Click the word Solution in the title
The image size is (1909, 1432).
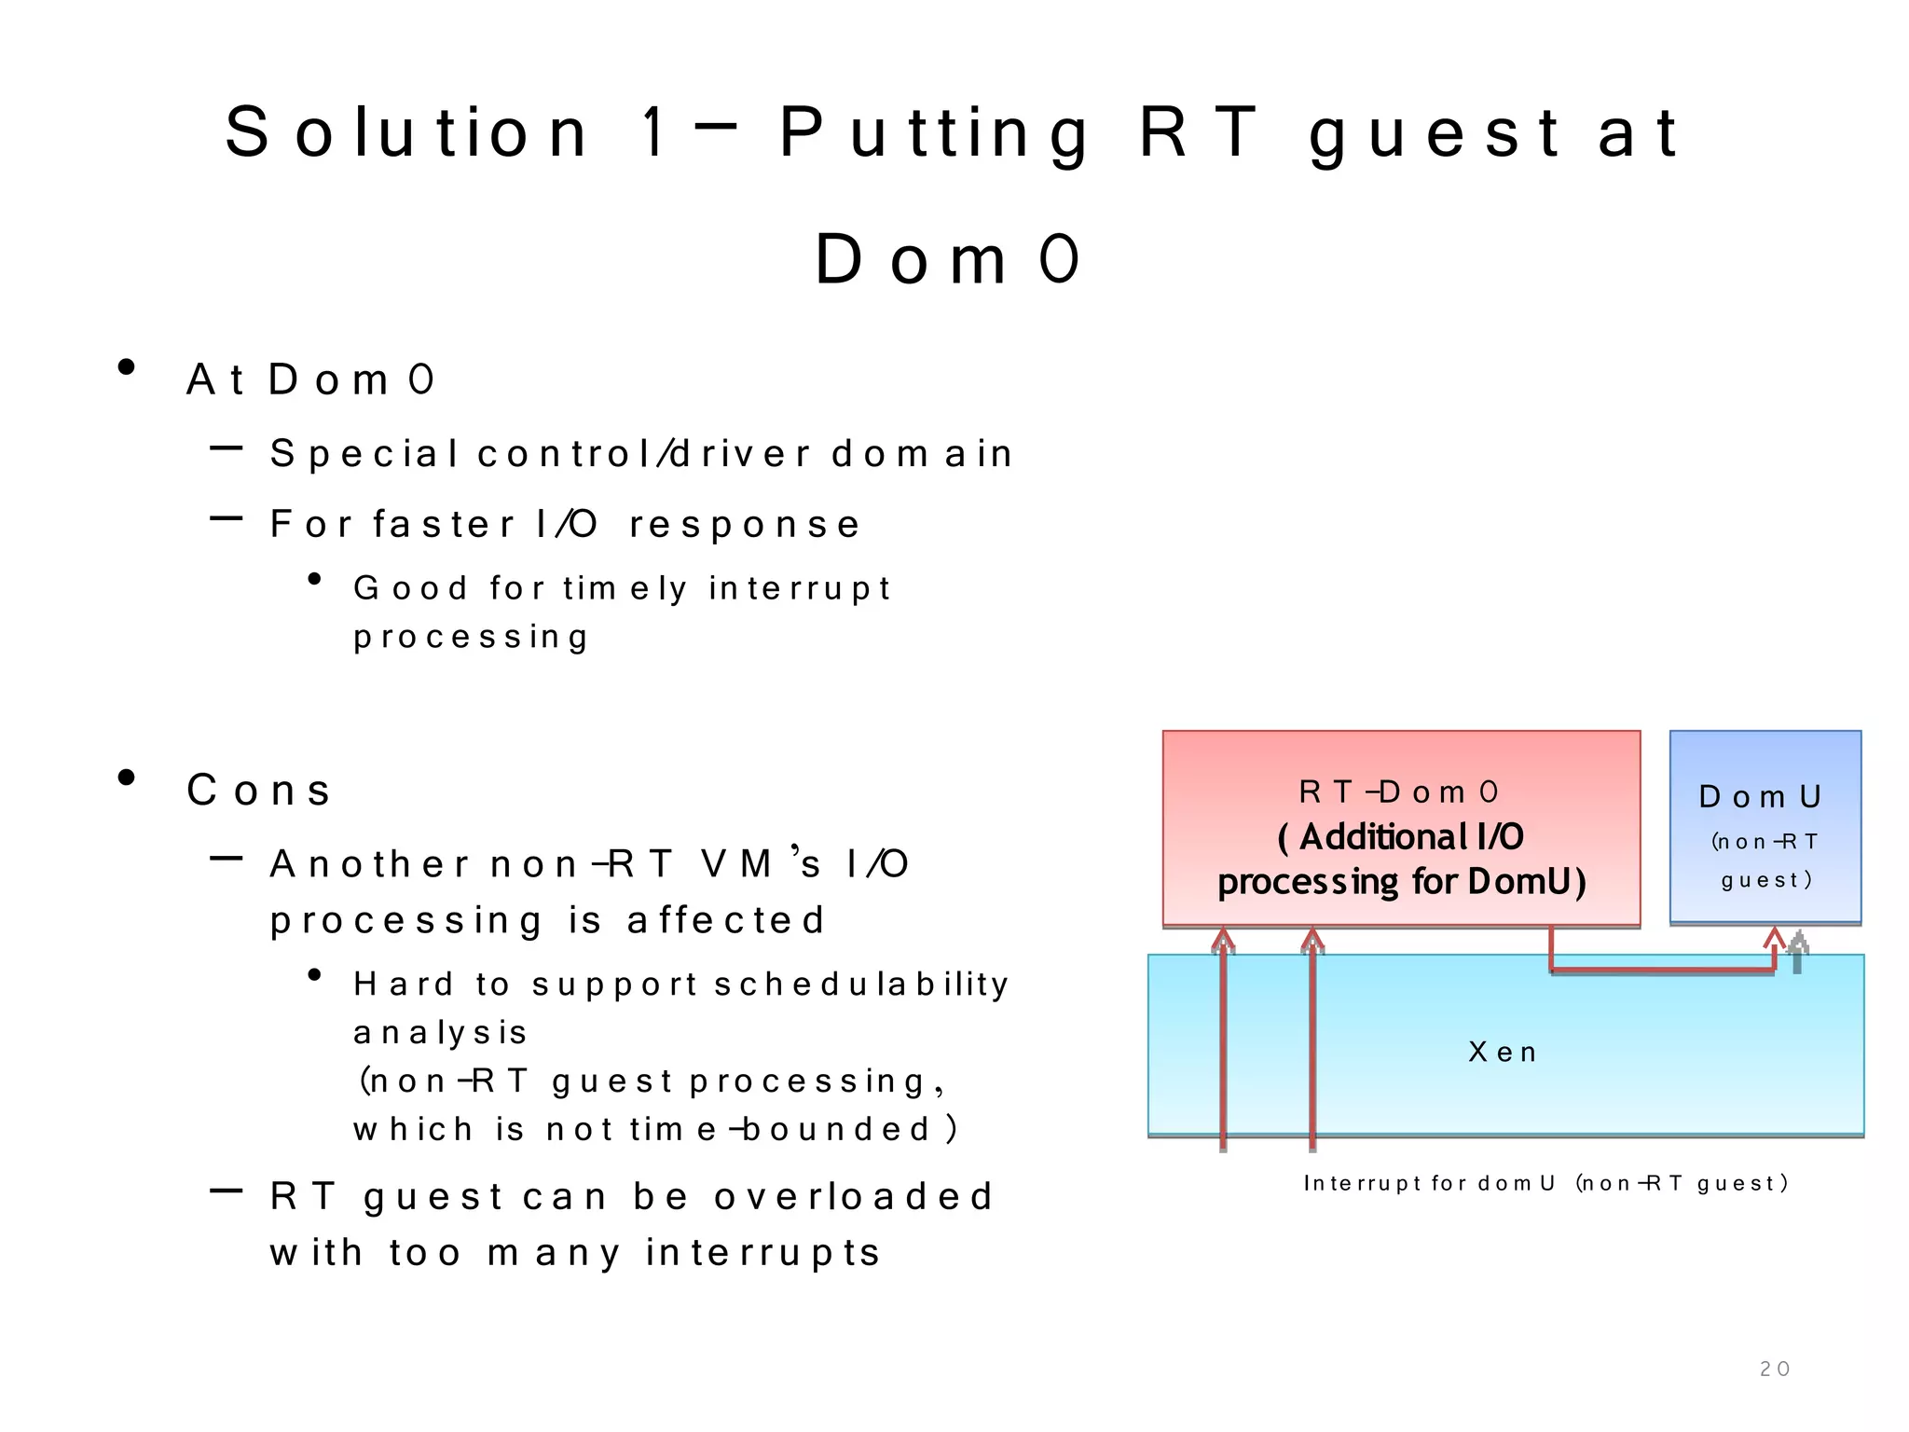pos(406,132)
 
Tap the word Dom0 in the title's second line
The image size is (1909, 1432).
pos(947,259)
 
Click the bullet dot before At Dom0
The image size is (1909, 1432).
pos(127,367)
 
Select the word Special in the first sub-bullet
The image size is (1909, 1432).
pos(364,454)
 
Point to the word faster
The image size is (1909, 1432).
pos(444,524)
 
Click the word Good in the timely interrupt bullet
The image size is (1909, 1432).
pos(410,588)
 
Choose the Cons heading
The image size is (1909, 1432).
pos(258,791)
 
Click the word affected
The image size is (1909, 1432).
pos(726,920)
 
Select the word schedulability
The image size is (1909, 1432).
pos(861,984)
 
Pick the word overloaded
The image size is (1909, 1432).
pos(854,1196)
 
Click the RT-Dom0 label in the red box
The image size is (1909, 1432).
pos(1399,792)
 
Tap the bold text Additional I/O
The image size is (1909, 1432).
pos(1401,837)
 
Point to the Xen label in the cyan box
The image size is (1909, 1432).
pos(1502,1053)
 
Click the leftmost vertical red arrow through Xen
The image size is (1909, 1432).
pos(1223,1044)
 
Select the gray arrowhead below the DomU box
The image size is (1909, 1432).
pos(1798,943)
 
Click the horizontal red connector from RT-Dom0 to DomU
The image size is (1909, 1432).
pos(1659,971)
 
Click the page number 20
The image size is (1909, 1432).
pos(1774,1369)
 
